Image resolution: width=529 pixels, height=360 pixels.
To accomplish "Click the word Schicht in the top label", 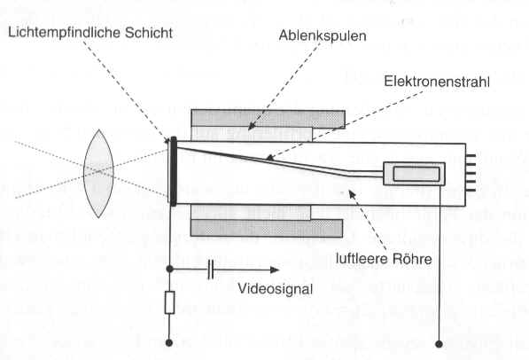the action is point(149,33).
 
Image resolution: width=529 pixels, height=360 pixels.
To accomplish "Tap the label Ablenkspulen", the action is point(323,35).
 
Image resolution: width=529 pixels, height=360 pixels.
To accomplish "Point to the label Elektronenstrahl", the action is point(437,82).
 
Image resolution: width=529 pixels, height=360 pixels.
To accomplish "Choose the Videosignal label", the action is point(276,289).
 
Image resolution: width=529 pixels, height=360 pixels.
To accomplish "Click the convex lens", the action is point(98,174).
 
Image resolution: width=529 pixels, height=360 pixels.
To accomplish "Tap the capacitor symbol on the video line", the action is point(211,270).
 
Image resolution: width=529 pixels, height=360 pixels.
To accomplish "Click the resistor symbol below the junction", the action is point(170,302).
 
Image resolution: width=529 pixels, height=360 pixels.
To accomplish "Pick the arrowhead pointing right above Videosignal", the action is point(275,270).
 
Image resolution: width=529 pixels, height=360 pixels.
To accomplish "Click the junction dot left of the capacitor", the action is point(170,270).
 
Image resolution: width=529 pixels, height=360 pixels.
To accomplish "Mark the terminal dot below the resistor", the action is point(169,343).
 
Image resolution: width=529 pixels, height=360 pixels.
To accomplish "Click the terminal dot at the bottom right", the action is point(439,344).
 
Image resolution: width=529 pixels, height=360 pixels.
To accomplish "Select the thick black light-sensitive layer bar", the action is point(174,171).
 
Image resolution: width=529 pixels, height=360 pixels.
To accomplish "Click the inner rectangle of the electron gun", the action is point(416,174).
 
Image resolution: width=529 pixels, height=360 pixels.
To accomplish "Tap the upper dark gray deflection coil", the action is point(268,119).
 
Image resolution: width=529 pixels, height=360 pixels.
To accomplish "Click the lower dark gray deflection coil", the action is point(267,228).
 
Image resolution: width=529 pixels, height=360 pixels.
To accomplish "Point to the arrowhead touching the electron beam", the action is point(268,157).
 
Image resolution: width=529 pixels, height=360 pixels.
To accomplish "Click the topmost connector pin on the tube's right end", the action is point(471,156).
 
